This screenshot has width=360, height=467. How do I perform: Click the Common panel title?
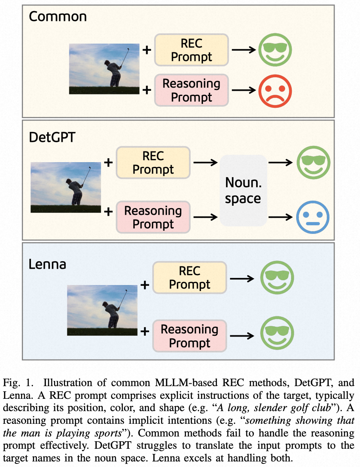[57, 17]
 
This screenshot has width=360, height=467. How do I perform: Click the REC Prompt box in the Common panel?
[191, 50]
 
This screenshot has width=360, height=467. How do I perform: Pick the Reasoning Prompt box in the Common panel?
[191, 90]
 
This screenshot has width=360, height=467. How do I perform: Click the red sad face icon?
[275, 90]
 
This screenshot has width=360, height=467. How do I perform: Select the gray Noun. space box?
[243, 190]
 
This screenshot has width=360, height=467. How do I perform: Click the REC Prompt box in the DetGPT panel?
[153, 163]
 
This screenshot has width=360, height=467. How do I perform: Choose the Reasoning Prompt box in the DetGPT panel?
[153, 217]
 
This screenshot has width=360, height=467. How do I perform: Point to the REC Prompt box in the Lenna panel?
[190, 278]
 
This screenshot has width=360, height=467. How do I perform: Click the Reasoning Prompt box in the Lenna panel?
[190, 336]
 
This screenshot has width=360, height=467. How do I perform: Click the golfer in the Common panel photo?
[113, 71]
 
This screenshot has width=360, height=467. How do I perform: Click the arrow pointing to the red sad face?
[243, 90]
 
